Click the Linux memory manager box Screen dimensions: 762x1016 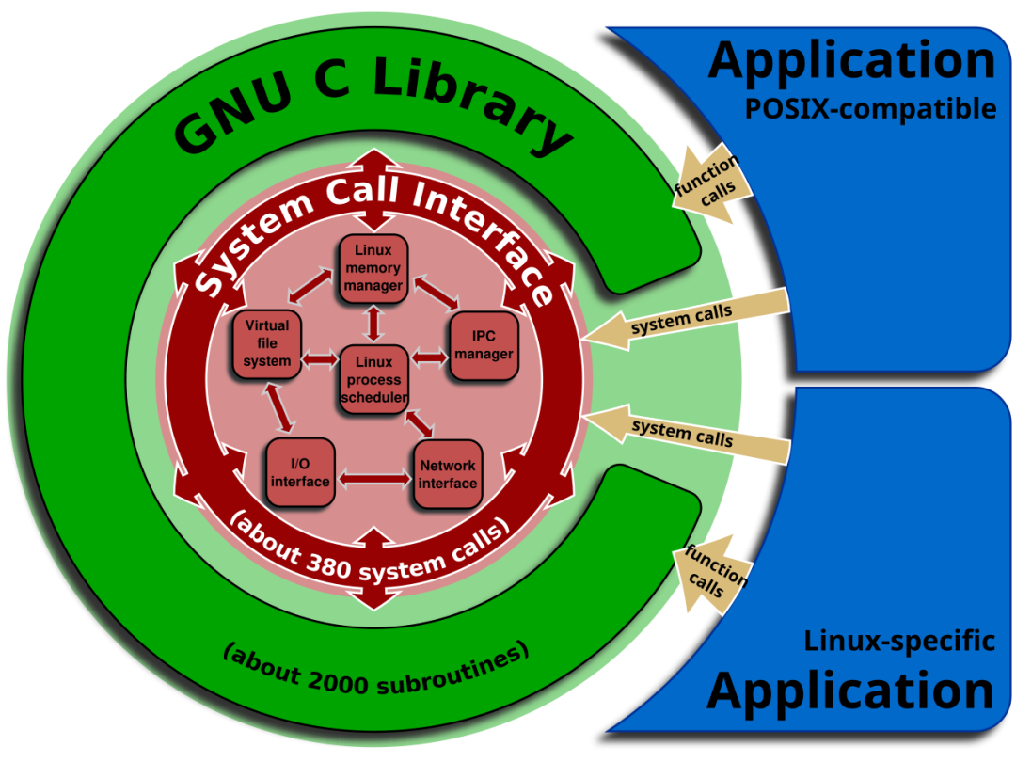373,269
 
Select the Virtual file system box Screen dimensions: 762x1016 266,344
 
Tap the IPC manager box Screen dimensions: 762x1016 484,345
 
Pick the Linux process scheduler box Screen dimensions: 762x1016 373,380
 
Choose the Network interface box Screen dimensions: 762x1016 447,473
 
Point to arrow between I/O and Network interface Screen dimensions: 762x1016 373,479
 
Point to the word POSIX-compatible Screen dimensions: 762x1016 870,109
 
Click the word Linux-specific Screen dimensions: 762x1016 898,642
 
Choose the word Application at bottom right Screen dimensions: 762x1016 850,691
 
